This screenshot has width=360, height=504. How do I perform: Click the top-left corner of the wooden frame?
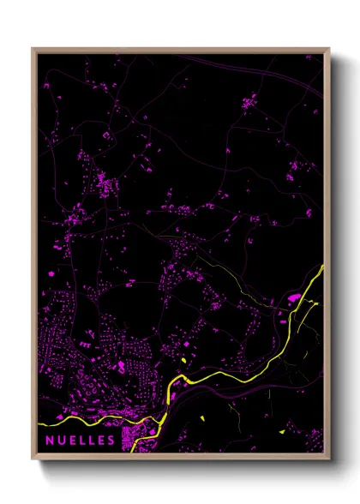(x=33, y=50)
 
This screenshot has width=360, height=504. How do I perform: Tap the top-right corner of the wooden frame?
(x=329, y=50)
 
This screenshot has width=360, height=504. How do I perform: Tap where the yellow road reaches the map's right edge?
(x=324, y=267)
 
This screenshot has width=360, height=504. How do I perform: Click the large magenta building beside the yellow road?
(x=293, y=297)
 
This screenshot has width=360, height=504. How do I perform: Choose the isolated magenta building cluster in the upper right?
(x=249, y=104)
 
